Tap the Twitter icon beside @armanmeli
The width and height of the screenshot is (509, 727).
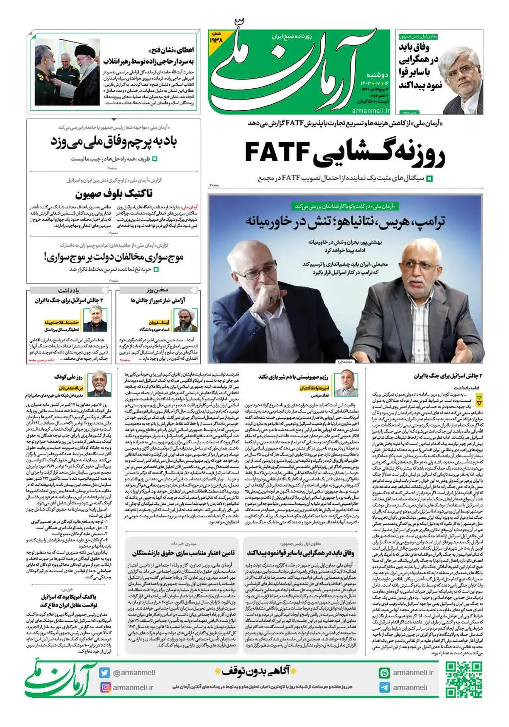(x=105, y=673)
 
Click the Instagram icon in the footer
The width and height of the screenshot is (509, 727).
(x=105, y=687)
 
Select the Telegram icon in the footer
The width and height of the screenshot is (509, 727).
(x=384, y=688)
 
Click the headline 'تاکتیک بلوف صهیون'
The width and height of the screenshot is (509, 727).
(x=114, y=194)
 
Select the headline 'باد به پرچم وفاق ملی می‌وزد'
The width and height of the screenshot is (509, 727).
(x=114, y=141)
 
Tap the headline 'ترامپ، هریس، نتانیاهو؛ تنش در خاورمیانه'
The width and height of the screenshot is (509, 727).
(x=345, y=221)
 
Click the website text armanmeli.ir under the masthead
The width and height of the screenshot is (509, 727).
(x=371, y=110)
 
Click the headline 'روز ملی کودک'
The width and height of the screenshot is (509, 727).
(x=68, y=377)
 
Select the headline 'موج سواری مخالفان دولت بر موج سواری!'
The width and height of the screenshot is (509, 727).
(x=114, y=257)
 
